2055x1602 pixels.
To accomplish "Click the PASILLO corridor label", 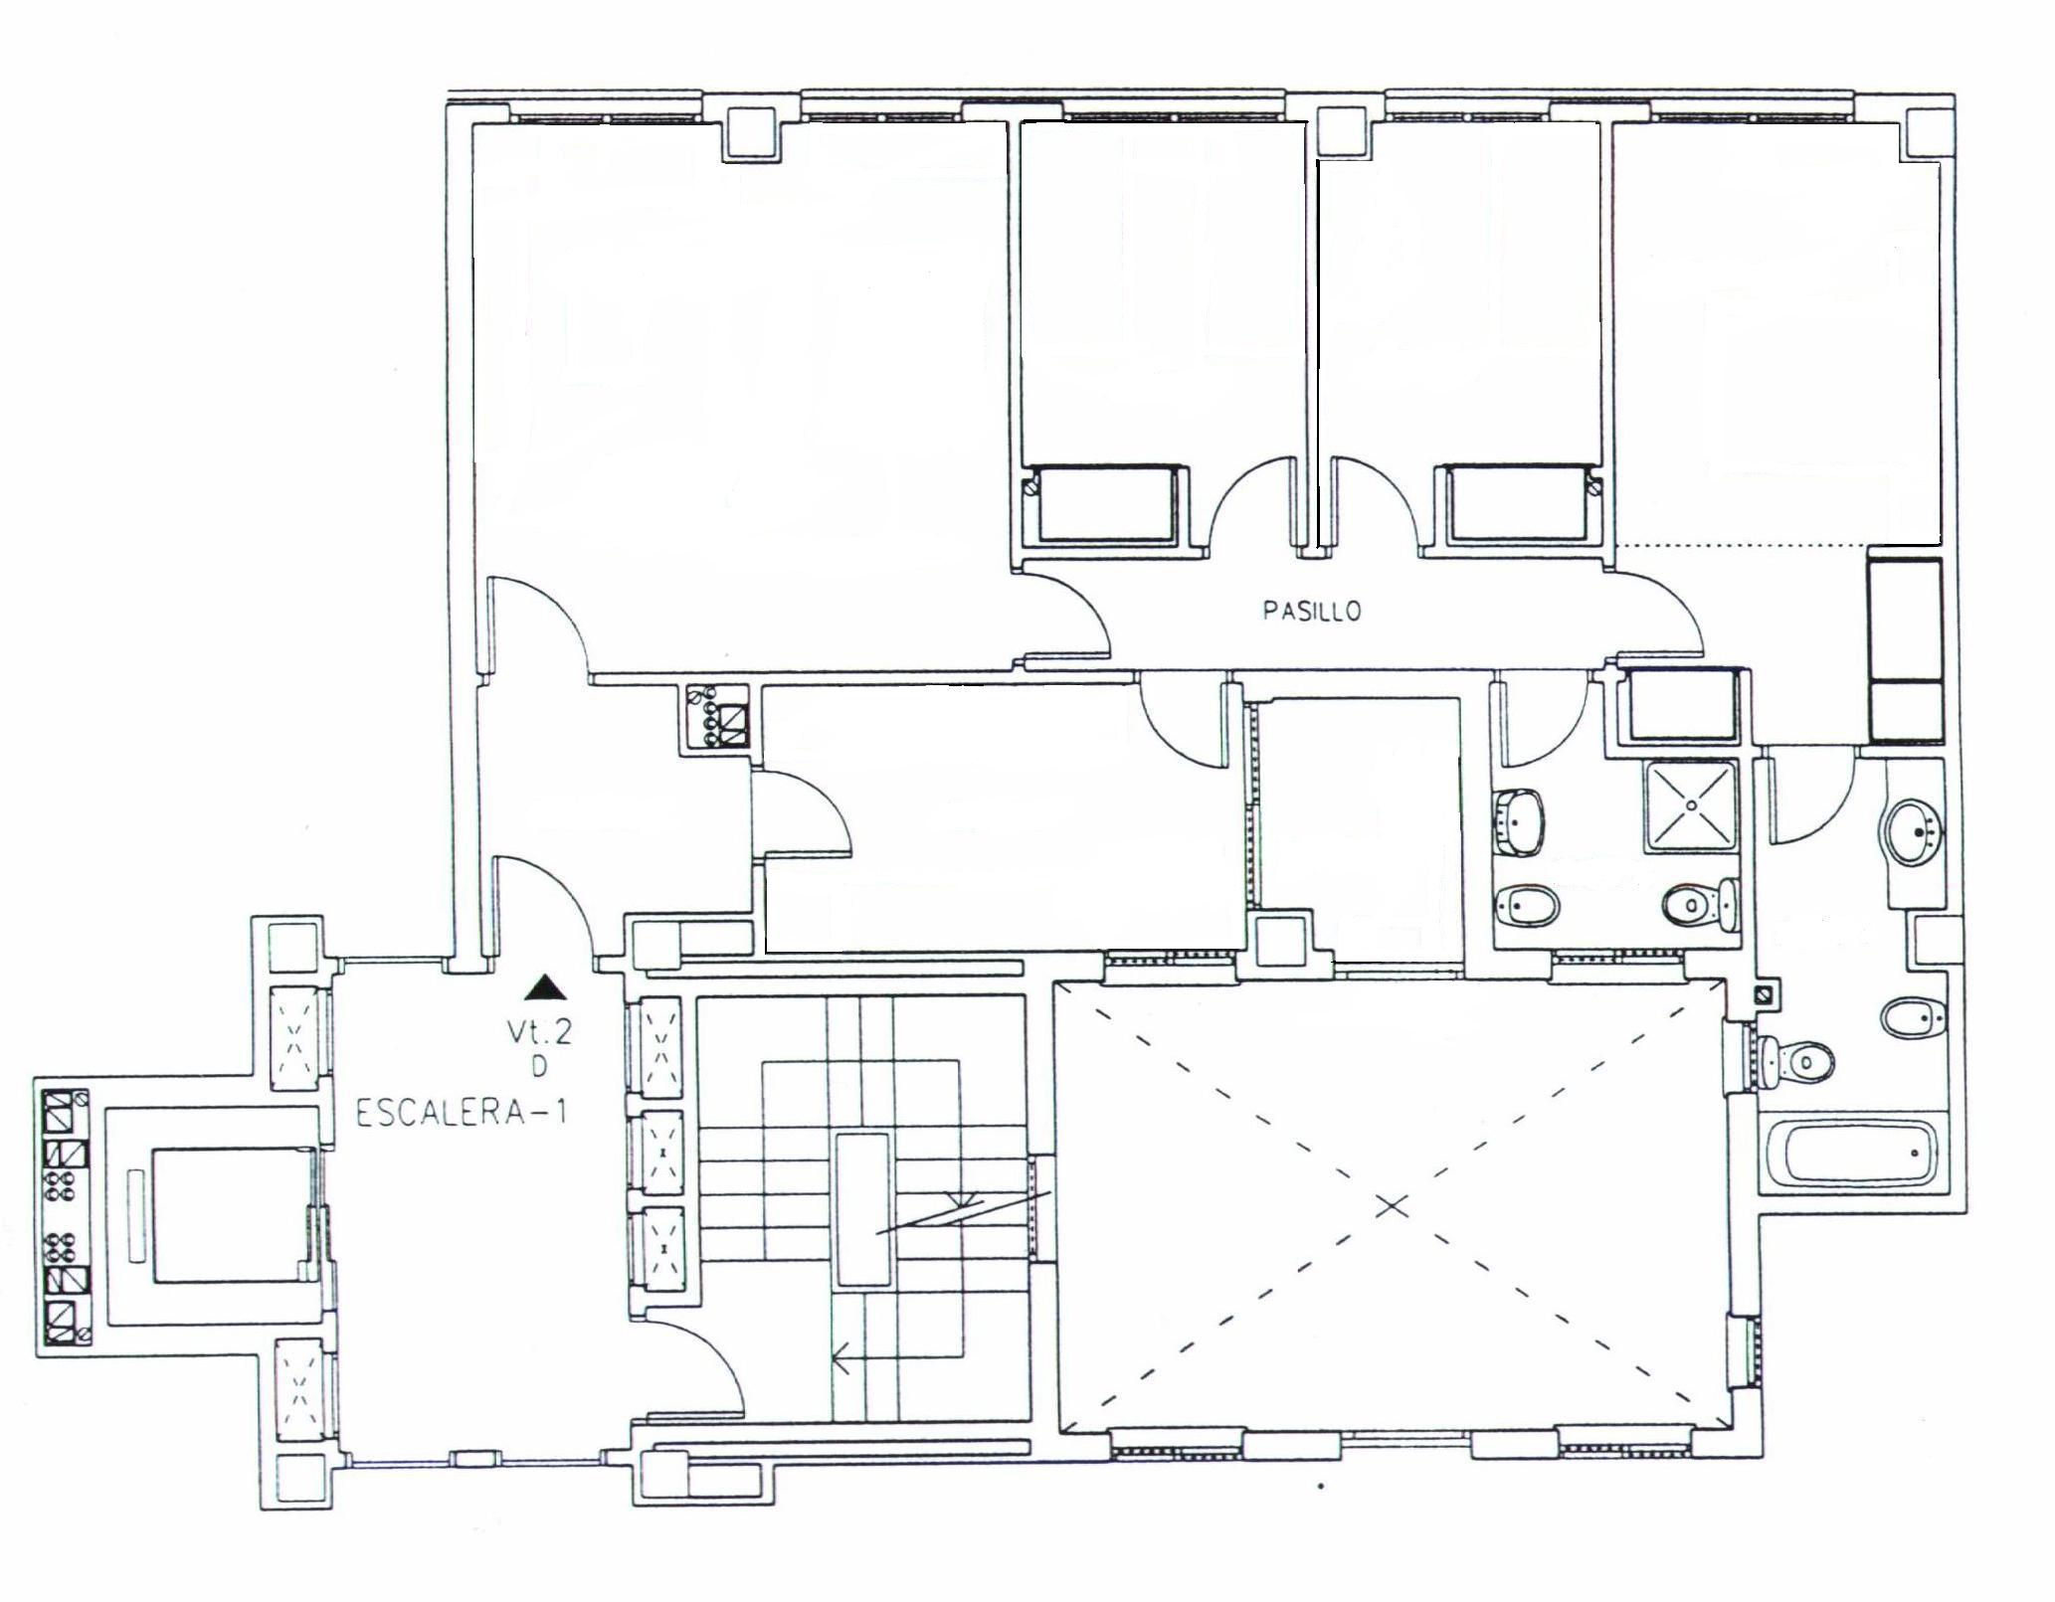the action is click(1311, 611).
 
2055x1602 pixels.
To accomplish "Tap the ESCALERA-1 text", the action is click(461, 1113).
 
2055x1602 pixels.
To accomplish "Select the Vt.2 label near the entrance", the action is click(539, 1034).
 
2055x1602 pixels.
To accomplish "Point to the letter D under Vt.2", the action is click(539, 1067).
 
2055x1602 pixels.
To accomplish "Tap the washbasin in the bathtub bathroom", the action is click(1912, 829).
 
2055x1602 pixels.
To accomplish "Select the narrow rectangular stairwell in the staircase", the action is click(861, 1209).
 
